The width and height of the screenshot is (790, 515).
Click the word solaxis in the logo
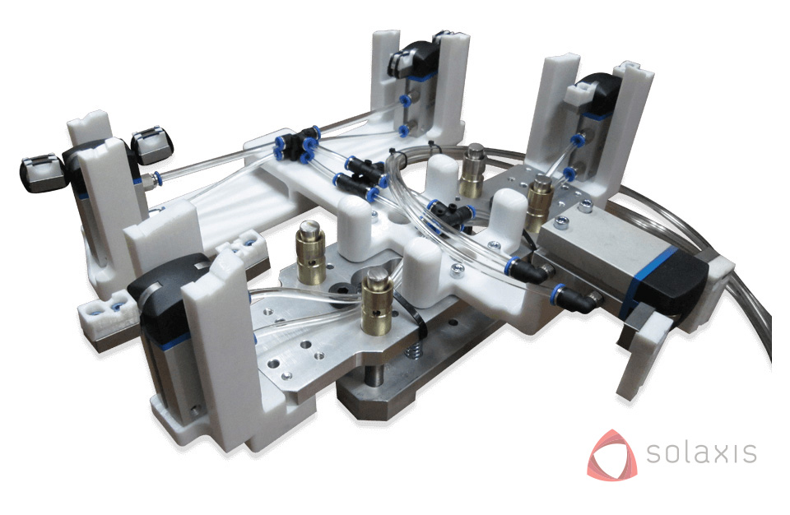point(701,452)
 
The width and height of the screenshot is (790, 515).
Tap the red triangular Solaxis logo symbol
point(612,454)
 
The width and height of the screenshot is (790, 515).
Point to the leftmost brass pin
point(311,252)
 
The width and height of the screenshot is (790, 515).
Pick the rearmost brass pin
point(473,170)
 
